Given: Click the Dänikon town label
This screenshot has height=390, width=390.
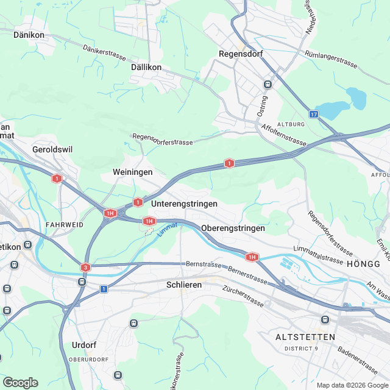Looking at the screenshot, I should [x=29, y=35].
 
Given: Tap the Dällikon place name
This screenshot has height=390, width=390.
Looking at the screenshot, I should [x=146, y=68].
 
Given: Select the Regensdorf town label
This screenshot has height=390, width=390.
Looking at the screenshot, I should [x=240, y=54].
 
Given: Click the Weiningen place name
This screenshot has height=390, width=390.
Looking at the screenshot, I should [x=132, y=172].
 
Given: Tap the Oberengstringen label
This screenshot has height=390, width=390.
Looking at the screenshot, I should [x=233, y=228].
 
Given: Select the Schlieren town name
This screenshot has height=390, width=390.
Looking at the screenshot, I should [x=184, y=285].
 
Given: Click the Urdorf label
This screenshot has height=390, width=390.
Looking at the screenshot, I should [x=84, y=345].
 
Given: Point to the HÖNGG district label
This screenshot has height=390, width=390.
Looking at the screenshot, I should [x=363, y=264].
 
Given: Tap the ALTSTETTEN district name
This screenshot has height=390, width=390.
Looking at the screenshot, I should [x=305, y=337].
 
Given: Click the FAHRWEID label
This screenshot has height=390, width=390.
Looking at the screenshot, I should [x=64, y=225].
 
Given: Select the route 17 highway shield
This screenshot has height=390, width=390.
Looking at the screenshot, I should [x=313, y=114].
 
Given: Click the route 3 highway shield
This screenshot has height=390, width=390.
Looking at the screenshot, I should [x=85, y=267].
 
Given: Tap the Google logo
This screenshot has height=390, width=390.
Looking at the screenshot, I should [x=20, y=383].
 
